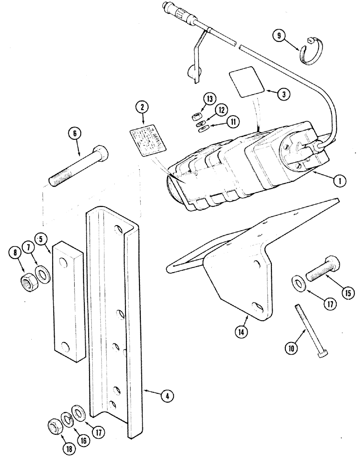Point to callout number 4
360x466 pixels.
166,396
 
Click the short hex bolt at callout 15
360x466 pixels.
322,269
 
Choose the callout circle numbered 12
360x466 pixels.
222,110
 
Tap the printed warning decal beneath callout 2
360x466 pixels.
146,138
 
